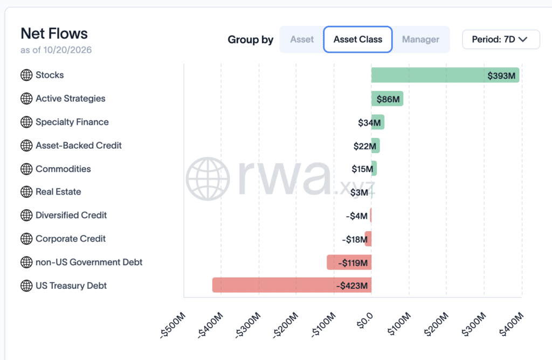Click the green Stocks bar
(x=445, y=75)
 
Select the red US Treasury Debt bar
(x=292, y=285)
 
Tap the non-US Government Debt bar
(x=349, y=262)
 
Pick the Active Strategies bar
(x=387, y=99)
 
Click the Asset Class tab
(x=358, y=39)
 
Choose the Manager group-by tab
(x=420, y=39)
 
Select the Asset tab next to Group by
(x=302, y=39)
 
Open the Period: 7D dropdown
(x=501, y=39)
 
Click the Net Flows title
(x=54, y=34)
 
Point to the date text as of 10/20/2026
(x=56, y=50)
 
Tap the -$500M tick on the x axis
(x=173, y=324)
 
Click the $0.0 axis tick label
(x=365, y=320)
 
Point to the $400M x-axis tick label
(x=511, y=324)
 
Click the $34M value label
(x=369, y=122)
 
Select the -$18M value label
(x=355, y=240)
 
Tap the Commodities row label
(x=64, y=169)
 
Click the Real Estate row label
(x=58, y=192)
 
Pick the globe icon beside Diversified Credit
(x=26, y=215)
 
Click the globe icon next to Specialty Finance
(x=26, y=122)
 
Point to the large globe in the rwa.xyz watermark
(x=208, y=179)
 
